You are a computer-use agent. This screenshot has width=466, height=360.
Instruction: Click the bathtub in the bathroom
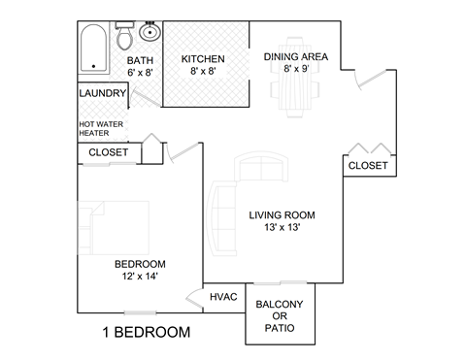[93, 48]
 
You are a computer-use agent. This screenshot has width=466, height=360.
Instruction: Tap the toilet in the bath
[124, 36]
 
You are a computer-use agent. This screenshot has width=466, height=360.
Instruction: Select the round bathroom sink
[150, 32]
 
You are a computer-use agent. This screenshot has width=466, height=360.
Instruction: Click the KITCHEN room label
[203, 59]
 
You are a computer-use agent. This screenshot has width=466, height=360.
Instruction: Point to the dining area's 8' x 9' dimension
[296, 69]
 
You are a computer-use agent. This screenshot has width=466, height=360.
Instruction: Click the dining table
[295, 78]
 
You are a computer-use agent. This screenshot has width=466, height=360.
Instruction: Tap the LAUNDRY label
[103, 93]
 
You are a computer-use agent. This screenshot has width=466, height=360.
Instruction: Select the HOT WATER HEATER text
[101, 128]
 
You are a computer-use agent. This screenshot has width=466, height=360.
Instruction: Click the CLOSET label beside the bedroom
[109, 152]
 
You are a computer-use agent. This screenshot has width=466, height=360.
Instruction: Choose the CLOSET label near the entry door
[368, 166]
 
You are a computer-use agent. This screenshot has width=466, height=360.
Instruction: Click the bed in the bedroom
[113, 228]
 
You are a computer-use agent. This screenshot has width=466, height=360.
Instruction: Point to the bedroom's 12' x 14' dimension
[140, 277]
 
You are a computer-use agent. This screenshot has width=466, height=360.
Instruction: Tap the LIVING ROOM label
[282, 215]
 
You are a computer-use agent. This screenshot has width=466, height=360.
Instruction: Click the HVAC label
[223, 297]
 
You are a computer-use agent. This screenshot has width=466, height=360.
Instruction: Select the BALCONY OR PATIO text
[280, 316]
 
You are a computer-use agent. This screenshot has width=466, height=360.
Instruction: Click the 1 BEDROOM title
[147, 332]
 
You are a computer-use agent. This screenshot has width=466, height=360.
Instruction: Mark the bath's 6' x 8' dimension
[140, 73]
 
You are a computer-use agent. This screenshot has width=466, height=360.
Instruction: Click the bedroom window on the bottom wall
[141, 312]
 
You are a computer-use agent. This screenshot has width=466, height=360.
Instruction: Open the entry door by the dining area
[371, 79]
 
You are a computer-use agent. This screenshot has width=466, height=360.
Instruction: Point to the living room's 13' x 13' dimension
[282, 227]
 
